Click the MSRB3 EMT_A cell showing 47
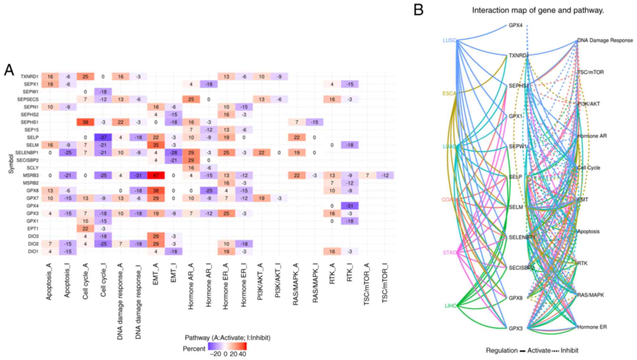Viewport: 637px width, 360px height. (156, 175)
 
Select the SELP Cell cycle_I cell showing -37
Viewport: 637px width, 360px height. (103, 138)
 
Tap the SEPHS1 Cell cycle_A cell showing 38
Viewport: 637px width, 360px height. (85, 122)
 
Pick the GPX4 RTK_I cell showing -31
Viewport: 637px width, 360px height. (350, 206)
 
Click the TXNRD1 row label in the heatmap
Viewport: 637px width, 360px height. (29, 76)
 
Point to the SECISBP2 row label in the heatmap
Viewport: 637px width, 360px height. (27, 160)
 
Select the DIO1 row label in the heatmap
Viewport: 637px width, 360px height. (33, 251)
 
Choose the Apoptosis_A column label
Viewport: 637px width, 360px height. (49, 281)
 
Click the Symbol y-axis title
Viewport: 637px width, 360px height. (11, 164)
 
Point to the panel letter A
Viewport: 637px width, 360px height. (9, 70)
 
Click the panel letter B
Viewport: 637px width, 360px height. (419, 10)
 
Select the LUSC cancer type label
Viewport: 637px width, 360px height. (449, 40)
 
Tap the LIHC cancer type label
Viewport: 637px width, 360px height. (450, 305)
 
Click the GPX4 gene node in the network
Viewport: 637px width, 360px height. (515, 25)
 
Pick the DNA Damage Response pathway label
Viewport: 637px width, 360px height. (605, 40)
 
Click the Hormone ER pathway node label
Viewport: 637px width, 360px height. (592, 327)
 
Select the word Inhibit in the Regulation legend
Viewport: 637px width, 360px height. (569, 350)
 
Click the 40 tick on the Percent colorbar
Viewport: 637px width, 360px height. (242, 354)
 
